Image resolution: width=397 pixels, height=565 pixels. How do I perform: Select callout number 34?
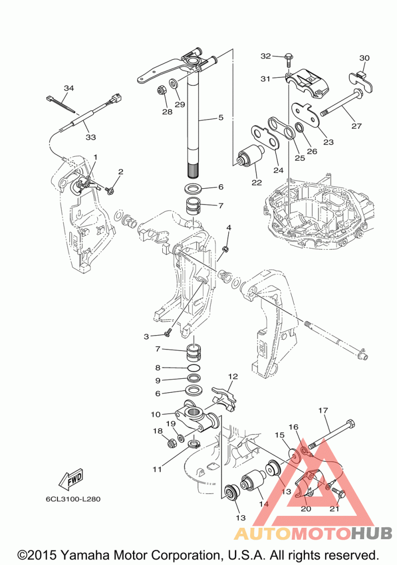69,88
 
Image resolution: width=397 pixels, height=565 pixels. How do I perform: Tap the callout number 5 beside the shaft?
221,118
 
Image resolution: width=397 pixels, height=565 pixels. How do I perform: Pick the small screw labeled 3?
168,335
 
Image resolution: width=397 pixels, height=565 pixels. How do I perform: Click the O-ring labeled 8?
194,368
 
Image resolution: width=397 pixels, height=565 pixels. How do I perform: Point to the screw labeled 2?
110,189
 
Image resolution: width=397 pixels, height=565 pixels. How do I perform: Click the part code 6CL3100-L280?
73,499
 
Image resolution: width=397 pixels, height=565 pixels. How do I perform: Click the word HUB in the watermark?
372,533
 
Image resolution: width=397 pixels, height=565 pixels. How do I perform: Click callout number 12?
233,376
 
